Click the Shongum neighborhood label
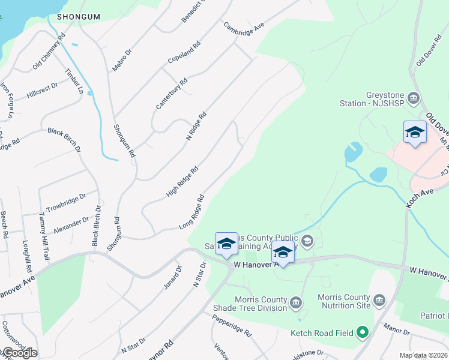coord(78,17)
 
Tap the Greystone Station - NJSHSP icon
coord(413,98)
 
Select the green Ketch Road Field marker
coord(362,332)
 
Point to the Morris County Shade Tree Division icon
coord(295,303)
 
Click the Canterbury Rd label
coord(172,94)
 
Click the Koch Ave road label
coord(419,196)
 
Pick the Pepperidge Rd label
coord(231,324)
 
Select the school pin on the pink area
coord(415,133)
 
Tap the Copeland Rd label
coord(184,54)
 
